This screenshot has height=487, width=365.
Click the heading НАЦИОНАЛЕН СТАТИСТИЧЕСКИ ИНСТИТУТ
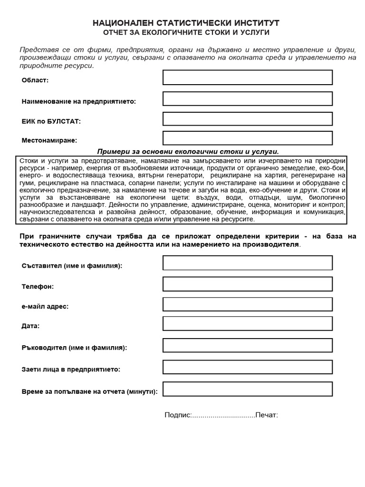186,23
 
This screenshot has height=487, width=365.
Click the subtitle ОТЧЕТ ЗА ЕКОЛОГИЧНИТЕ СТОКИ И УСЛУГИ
186,33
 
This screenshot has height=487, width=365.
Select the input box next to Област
247,78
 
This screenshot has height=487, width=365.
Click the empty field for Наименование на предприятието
247,98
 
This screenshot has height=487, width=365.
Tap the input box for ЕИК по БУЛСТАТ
247,119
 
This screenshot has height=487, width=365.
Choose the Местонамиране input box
247,138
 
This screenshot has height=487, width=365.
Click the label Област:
35,80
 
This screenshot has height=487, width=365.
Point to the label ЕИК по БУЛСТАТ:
51,121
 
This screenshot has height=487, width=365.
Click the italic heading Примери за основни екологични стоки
188,151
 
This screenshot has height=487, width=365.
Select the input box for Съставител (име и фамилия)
247,263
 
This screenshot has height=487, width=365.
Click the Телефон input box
247,284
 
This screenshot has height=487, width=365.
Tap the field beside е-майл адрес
247,304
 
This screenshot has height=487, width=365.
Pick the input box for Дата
247,323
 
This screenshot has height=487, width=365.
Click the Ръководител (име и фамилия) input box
247,345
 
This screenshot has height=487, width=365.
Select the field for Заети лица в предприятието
247,367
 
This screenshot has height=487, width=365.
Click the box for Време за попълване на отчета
247,389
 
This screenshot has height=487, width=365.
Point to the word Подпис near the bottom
177,415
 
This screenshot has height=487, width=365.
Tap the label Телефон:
38,287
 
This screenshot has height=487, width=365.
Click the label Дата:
30,326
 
